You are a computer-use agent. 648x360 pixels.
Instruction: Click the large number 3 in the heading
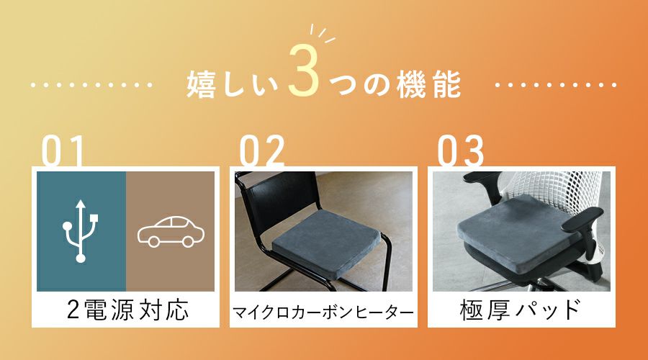304,71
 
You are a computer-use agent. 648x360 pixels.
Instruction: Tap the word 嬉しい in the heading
233,84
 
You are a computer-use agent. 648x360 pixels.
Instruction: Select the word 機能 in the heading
428,84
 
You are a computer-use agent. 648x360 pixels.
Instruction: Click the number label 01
63,150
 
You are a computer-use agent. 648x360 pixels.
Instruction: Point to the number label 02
262,150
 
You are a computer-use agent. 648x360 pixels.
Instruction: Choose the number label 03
460,150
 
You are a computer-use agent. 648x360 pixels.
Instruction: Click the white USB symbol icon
81,231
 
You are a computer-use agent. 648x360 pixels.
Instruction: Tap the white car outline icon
171,232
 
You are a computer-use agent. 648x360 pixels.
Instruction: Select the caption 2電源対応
127,310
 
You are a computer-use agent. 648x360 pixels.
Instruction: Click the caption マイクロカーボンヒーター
323,312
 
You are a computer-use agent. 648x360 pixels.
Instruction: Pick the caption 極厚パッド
521,310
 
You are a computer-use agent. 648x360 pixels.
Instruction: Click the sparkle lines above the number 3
323,33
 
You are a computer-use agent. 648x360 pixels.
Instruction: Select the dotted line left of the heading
91,85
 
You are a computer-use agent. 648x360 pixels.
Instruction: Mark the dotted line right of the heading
556,85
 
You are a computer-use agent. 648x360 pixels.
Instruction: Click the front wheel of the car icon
154,241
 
